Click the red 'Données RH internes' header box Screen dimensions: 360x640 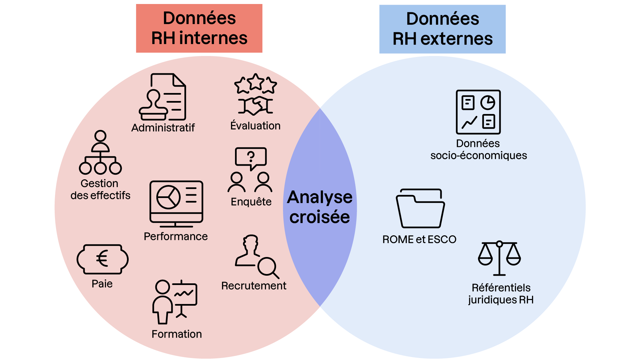pos(199,28)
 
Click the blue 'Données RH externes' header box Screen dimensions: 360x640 pos(442,29)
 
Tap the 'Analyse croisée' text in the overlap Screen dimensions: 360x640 pos(320,207)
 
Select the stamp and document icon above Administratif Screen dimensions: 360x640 pos(163,97)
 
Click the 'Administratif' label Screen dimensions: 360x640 pos(163,128)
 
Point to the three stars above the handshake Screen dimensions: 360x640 pos(256,83)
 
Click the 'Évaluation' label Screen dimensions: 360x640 pos(255,126)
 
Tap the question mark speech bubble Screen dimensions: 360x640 pos(251,157)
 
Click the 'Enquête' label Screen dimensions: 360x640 pos(251,202)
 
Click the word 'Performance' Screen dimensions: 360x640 pos(176,236)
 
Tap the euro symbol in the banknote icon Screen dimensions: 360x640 pos(102,259)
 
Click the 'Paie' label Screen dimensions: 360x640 pos(102,284)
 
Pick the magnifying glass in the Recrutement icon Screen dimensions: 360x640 pos(268,267)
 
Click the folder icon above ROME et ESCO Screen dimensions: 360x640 pos(420,209)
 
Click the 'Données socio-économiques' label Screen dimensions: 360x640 pos(479,149)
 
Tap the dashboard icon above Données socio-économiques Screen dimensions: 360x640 pos(478,112)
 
